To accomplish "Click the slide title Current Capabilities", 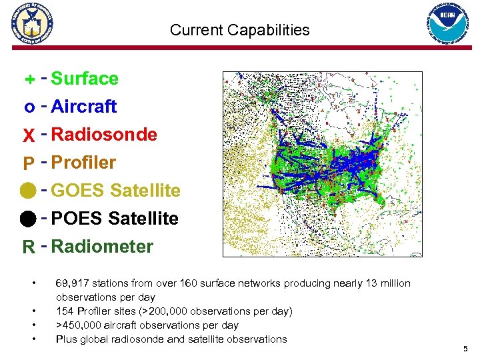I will point(239,30).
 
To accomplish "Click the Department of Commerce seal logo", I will point(31,23).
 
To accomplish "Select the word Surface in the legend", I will point(85,79).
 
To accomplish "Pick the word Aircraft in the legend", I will point(83,107).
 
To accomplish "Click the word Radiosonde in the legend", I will point(104,135).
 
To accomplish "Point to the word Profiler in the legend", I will point(83,163).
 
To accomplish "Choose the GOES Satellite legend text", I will point(115,191).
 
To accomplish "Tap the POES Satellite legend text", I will point(115,219).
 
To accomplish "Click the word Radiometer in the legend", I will point(102,247).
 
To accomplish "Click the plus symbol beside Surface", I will point(29,80).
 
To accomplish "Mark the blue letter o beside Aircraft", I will point(29,107).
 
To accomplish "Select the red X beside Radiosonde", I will point(29,135).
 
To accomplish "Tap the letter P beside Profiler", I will point(29,164).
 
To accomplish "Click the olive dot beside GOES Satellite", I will point(29,191).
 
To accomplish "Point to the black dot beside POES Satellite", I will point(29,219).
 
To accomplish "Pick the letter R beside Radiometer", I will point(29,247).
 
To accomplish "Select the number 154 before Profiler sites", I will point(65,311).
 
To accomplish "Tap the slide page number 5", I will point(465,349).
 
